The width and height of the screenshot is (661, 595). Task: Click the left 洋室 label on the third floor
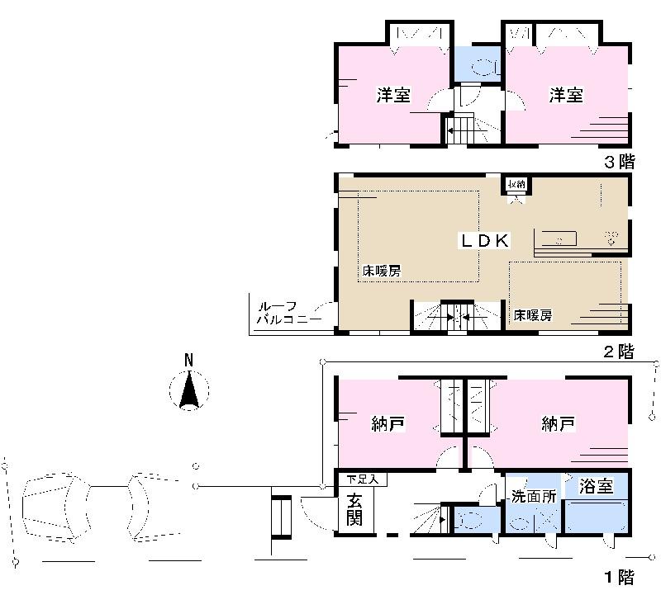click(393, 95)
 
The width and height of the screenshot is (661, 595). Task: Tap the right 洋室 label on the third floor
click(567, 95)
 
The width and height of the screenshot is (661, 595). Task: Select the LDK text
click(485, 240)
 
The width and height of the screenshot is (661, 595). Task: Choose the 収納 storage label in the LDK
click(517, 184)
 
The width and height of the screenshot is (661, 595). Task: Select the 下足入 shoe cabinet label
click(360, 479)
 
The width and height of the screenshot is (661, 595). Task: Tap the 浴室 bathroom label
click(595, 486)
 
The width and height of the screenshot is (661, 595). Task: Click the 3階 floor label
click(618, 163)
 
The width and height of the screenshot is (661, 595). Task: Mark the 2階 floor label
click(618, 352)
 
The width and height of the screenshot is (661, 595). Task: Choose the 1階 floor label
click(618, 576)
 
